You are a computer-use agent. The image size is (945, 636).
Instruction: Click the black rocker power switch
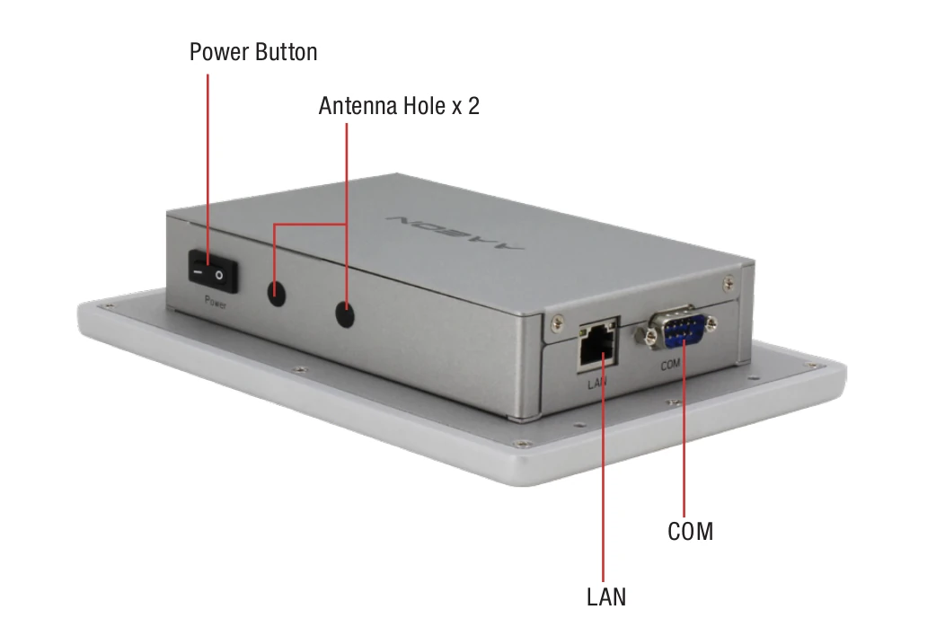pyautogui.click(x=213, y=272)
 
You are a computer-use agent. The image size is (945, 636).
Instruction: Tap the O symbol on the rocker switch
pyautogui.click(x=219, y=276)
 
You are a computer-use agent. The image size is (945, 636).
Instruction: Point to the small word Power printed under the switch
pyautogui.click(x=216, y=302)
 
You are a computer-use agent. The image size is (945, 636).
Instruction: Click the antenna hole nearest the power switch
pyautogui.click(x=276, y=293)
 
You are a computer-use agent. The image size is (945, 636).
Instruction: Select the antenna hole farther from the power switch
pyautogui.click(x=345, y=314)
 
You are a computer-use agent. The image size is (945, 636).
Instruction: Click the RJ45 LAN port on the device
pyautogui.click(x=598, y=347)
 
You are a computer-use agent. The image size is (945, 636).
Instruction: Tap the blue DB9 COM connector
pyautogui.click(x=676, y=329)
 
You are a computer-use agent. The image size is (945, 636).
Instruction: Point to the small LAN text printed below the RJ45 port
pyautogui.click(x=597, y=382)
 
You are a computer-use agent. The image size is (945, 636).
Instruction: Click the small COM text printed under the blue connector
pyautogui.click(x=670, y=365)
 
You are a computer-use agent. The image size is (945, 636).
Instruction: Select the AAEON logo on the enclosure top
pyautogui.click(x=456, y=231)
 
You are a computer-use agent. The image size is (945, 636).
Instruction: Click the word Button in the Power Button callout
pyautogui.click(x=286, y=52)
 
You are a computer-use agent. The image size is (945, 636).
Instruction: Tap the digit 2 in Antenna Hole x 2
pyautogui.click(x=473, y=106)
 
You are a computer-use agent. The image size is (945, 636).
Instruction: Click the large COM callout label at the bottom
pyautogui.click(x=691, y=532)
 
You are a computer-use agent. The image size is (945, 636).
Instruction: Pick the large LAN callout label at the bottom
pyautogui.click(x=606, y=596)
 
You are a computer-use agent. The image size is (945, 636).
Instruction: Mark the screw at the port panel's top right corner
pyautogui.click(x=729, y=282)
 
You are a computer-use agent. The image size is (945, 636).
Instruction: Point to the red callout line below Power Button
pyautogui.click(x=208, y=170)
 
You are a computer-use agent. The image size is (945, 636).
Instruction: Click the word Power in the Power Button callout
pyautogui.click(x=219, y=52)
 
